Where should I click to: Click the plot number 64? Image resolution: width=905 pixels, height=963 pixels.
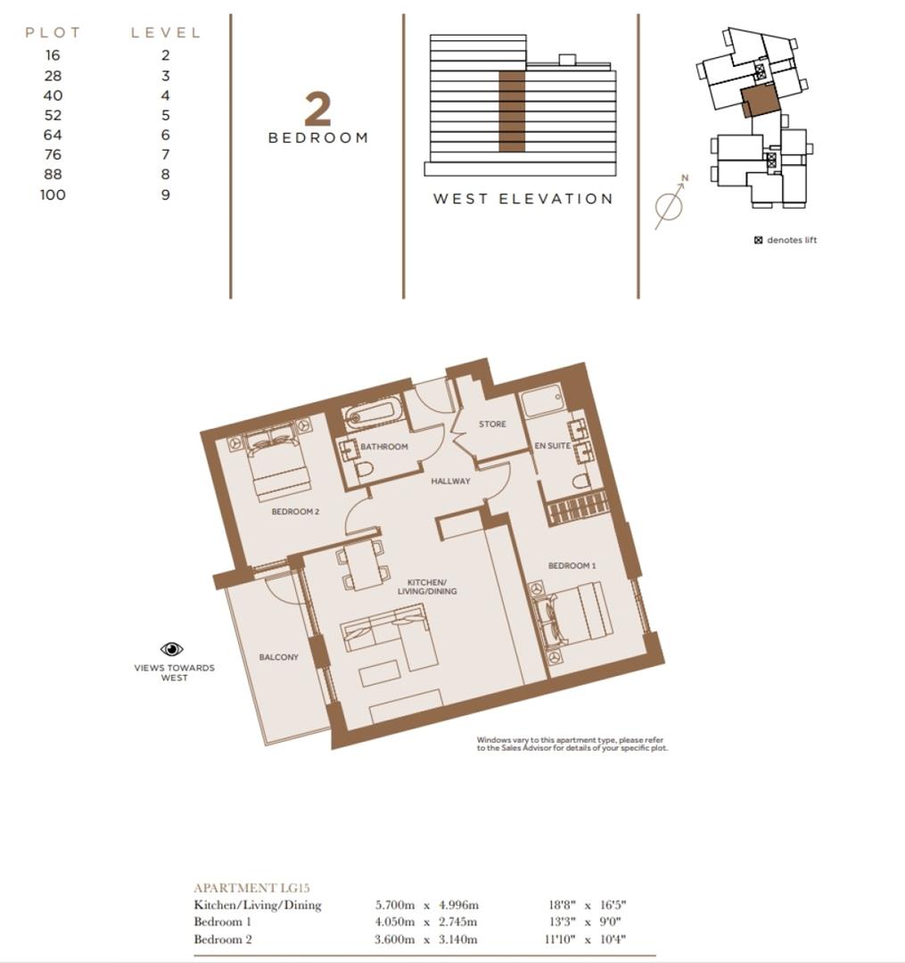click(x=53, y=136)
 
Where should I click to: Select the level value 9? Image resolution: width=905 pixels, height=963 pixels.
click(x=165, y=194)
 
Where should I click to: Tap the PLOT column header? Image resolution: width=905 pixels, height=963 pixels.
click(x=53, y=33)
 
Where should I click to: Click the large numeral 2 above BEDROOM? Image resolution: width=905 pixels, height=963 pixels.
click(x=318, y=110)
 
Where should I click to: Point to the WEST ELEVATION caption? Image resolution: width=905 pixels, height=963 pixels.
click(x=523, y=199)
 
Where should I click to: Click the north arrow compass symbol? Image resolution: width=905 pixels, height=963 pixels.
click(x=671, y=202)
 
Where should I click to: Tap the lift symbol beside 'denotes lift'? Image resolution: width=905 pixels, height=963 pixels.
click(x=758, y=240)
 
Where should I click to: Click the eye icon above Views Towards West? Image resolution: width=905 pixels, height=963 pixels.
click(x=172, y=648)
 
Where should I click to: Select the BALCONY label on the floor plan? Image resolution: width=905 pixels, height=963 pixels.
click(x=279, y=657)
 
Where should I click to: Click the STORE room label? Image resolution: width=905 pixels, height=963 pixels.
click(x=492, y=424)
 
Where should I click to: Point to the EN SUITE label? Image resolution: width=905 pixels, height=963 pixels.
click(x=553, y=446)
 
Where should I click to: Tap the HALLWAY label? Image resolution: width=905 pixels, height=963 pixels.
click(x=450, y=481)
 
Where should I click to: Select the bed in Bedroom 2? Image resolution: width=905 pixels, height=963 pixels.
click(x=274, y=461)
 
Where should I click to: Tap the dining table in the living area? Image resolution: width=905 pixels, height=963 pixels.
click(x=363, y=565)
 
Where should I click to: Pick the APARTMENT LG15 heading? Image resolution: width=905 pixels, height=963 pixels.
click(x=251, y=887)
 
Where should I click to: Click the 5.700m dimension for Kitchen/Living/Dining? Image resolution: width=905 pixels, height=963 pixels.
click(x=395, y=905)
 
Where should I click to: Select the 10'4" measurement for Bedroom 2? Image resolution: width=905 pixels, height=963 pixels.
click(x=613, y=939)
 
